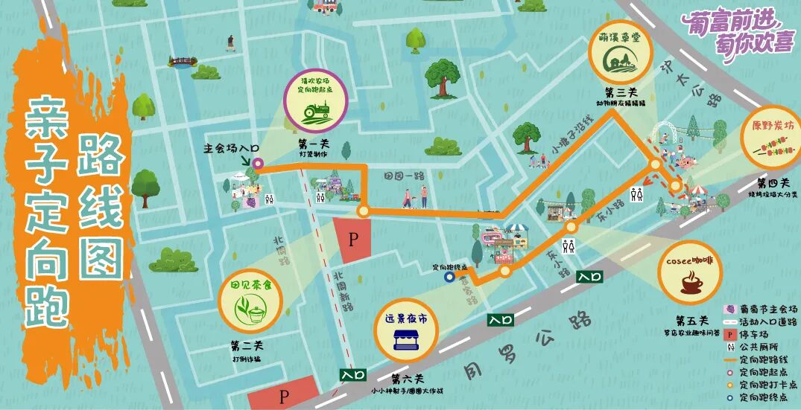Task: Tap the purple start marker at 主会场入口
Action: [x=258, y=162]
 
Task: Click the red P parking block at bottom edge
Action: [x=283, y=395]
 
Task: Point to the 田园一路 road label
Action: [x=404, y=176]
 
